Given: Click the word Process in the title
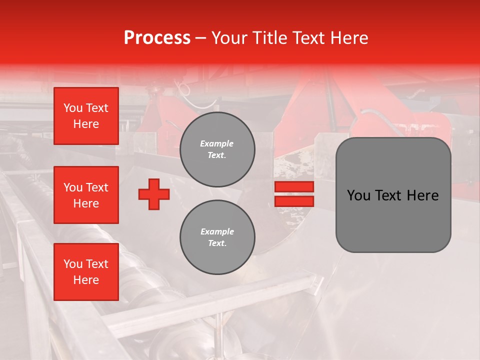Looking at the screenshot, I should pyautogui.click(x=157, y=38).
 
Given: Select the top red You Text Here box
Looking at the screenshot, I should pyautogui.click(x=86, y=116).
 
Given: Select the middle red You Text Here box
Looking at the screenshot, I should pyautogui.click(x=86, y=195).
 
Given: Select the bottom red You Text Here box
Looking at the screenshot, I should pyautogui.click(x=86, y=272).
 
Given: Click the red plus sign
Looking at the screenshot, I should pyautogui.click(x=154, y=194).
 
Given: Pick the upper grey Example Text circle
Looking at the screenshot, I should pyautogui.click(x=217, y=149).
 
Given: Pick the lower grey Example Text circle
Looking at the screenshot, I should pyautogui.click(x=217, y=237).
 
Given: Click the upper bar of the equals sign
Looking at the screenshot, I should pyautogui.click(x=294, y=186).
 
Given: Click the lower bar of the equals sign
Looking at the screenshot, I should pyautogui.click(x=294, y=201).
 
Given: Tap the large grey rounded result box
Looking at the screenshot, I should pyautogui.click(x=393, y=220).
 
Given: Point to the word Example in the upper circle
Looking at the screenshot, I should pyautogui.click(x=216, y=143).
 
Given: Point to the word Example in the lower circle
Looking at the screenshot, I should pyautogui.click(x=216, y=231).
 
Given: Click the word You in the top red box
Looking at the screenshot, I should pyautogui.click(x=73, y=108).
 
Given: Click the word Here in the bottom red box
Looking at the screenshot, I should pyautogui.click(x=86, y=280).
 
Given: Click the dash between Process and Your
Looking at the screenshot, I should pyautogui.click(x=201, y=38).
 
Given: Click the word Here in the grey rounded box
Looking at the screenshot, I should pyautogui.click(x=422, y=195).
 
